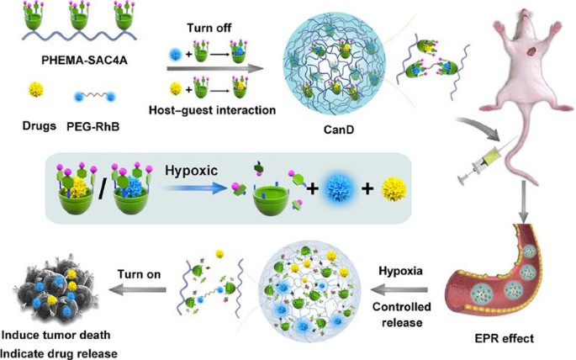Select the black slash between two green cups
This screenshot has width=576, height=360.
[x=93, y=185]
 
